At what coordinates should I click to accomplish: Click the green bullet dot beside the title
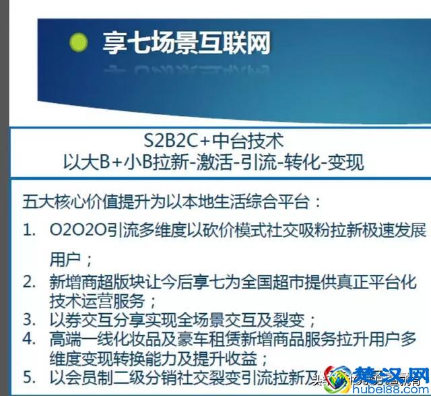pyautogui.click(x=79, y=43)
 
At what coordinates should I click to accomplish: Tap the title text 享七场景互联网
pyautogui.click(x=187, y=42)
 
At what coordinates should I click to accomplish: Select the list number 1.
pyautogui.click(x=28, y=231)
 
